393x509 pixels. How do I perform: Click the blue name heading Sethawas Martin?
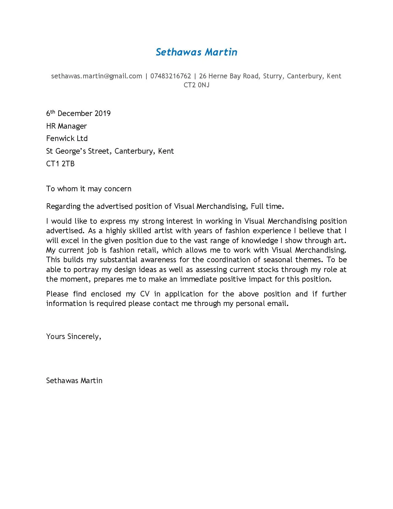[x=196, y=52]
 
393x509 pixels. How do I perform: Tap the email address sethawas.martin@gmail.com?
[x=96, y=76]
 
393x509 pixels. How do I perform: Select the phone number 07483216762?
[x=170, y=76]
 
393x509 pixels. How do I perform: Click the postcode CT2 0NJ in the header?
[x=196, y=85]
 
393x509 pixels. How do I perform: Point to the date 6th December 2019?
[x=78, y=114]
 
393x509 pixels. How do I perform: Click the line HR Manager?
[x=66, y=126]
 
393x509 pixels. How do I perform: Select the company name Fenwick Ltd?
[x=67, y=139]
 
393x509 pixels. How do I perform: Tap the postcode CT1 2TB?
[x=60, y=164]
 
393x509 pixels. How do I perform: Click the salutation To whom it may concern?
[x=88, y=189]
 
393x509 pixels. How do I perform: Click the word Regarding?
[x=63, y=206]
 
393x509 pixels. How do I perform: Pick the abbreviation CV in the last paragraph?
[x=145, y=294]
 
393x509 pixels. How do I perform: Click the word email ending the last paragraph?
[x=278, y=304]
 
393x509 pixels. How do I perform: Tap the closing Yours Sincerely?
[x=73, y=337]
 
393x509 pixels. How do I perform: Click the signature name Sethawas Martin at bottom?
[x=74, y=381]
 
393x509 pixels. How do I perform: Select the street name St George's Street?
[x=79, y=151]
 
